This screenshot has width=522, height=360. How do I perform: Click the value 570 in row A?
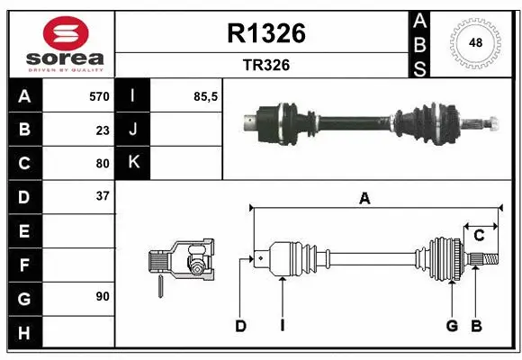pyautogui.click(x=98, y=96)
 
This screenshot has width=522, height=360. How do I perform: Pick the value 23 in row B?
pyautogui.click(x=103, y=130)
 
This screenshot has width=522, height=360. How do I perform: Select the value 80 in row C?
pyautogui.click(x=103, y=164)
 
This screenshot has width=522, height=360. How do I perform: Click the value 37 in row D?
pyautogui.click(x=103, y=195)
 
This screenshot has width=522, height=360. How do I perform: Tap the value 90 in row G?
pyautogui.click(x=103, y=295)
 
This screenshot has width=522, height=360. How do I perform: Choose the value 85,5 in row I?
pyautogui.click(x=206, y=96)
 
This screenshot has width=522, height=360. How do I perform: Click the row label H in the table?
pyautogui.click(x=24, y=332)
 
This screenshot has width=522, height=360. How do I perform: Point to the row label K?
pyautogui.click(x=133, y=163)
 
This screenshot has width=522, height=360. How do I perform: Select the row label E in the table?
pyautogui.click(x=24, y=231)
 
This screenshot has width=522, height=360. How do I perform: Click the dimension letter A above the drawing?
pyautogui.click(x=364, y=200)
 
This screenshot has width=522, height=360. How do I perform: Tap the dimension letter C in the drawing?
pyautogui.click(x=480, y=236)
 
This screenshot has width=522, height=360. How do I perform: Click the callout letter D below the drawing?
pyautogui.click(x=240, y=326)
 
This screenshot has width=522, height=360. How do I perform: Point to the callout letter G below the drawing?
pyautogui.click(x=452, y=326)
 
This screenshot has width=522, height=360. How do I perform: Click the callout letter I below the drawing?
pyautogui.click(x=282, y=326)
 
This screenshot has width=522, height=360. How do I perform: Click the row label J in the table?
pyautogui.click(x=133, y=130)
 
